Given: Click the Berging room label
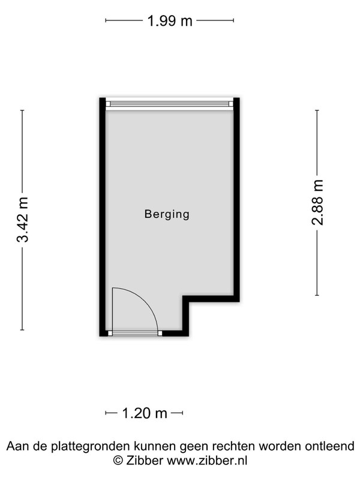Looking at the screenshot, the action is click(x=167, y=214).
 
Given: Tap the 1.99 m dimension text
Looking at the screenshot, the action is click(x=170, y=21).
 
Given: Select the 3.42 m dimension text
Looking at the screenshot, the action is click(x=22, y=220).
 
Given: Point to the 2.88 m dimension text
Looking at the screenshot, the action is click(x=317, y=202).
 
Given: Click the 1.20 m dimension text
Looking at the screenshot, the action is click(x=145, y=413).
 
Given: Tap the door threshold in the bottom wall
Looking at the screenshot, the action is click(x=135, y=334).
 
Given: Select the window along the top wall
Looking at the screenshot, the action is click(x=170, y=104).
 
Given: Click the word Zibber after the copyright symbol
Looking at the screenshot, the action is click(x=145, y=460).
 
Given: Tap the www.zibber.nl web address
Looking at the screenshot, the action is click(x=207, y=460).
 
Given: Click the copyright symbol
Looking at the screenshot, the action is click(x=118, y=460).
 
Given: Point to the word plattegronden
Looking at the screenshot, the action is click(x=92, y=446).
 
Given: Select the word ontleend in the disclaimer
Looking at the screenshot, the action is click(x=329, y=446).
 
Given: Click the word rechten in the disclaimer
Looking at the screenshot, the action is click(x=233, y=446).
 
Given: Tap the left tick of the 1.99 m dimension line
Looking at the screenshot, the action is click(x=106, y=20).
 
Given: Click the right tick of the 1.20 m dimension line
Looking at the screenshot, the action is click(x=183, y=413).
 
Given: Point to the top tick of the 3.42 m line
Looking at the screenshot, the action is click(x=22, y=110).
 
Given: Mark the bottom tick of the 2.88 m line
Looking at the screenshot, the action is click(x=317, y=295).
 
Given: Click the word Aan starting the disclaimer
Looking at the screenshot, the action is click(x=17, y=446).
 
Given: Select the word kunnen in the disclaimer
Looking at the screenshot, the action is click(x=156, y=446).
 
